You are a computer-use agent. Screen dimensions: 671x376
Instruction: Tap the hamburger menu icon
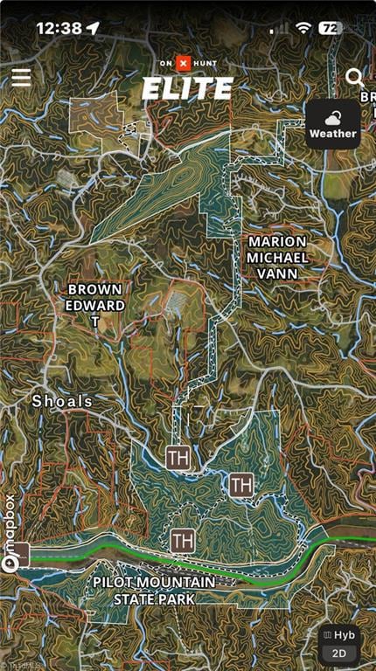click(21, 77)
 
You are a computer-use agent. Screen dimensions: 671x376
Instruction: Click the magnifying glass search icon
click(354, 78)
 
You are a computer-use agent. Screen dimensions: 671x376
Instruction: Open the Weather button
click(332, 124)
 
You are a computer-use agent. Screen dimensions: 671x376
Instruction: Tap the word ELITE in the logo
click(187, 88)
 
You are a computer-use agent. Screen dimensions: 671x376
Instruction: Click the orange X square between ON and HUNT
click(183, 63)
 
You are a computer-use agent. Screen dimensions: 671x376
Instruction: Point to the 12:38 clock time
click(59, 28)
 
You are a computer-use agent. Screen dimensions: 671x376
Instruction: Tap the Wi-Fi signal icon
click(303, 28)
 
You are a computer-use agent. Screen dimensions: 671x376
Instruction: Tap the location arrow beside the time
click(93, 28)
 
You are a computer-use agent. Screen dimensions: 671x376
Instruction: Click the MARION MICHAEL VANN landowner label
click(276, 257)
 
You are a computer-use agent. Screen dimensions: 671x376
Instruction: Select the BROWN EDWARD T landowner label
click(95, 305)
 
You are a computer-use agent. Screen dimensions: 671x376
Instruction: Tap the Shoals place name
click(62, 401)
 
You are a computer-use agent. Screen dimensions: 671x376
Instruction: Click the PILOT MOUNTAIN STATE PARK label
click(153, 590)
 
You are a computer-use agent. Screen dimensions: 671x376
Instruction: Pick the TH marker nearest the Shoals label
click(178, 456)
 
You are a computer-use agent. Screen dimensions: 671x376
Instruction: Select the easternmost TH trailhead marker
click(241, 483)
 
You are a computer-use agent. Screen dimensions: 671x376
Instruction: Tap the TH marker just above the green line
click(183, 540)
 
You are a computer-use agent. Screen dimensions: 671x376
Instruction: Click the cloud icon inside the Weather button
click(332, 117)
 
